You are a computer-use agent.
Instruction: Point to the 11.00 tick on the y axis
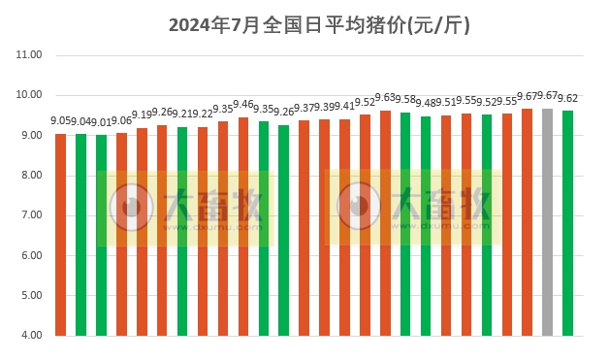pyautogui.click(x=29, y=55)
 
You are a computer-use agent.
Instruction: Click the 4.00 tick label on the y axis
pyautogui.click(x=29, y=336)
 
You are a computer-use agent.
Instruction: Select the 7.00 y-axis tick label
pyautogui.click(x=29, y=215)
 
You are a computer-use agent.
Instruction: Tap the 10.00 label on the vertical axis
pyautogui.click(x=29, y=95)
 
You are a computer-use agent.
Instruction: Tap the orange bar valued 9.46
pyautogui.click(x=243, y=227)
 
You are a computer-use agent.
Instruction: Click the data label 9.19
pyautogui.click(x=142, y=115)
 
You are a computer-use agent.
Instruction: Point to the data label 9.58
pyautogui.click(x=405, y=100)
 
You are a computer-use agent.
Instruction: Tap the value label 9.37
pyautogui.click(x=304, y=108)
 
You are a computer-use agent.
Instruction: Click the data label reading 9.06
pyautogui.click(x=121, y=120)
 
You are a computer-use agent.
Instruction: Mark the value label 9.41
pyautogui.click(x=344, y=107)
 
